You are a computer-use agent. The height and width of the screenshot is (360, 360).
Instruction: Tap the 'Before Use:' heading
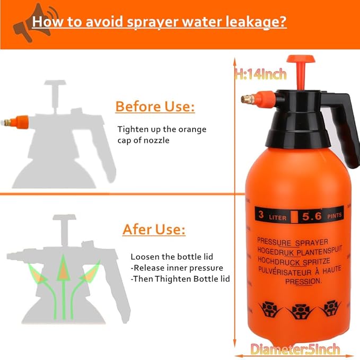(x=155, y=107)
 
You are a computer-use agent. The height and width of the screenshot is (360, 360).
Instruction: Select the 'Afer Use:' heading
(x=154, y=230)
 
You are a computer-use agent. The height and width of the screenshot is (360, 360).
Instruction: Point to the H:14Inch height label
(x=261, y=74)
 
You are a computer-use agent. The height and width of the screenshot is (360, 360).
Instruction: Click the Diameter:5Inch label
(x=295, y=349)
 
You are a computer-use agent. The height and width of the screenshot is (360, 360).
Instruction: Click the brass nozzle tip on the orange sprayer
(x=245, y=99)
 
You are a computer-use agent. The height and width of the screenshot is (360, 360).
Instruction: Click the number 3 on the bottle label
(x=261, y=215)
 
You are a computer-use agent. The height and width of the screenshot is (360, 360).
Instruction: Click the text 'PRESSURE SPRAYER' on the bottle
(x=293, y=241)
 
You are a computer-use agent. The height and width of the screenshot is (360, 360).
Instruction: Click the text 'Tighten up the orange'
(x=162, y=129)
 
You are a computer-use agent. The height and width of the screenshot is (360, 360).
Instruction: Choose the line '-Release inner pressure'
(x=177, y=268)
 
